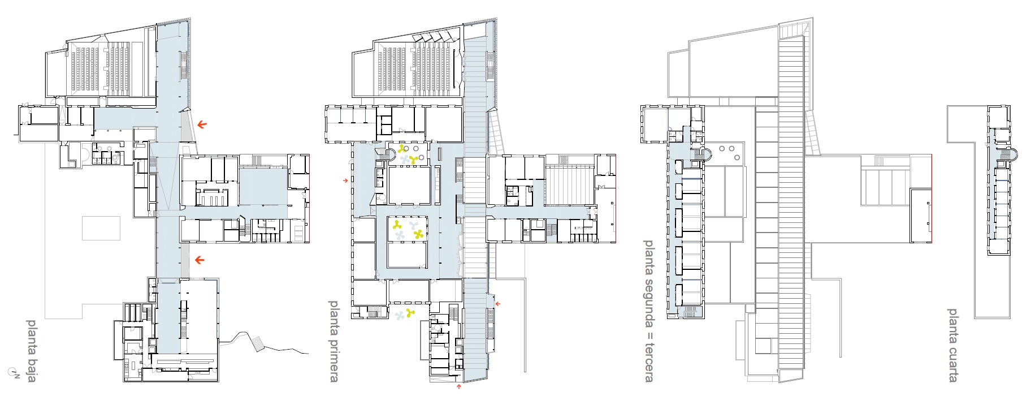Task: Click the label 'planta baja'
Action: (x=32, y=351)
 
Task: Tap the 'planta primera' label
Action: (x=334, y=341)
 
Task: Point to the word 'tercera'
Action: (x=649, y=362)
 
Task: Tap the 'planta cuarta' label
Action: (x=952, y=345)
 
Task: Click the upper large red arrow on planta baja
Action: (x=202, y=124)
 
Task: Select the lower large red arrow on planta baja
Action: (x=200, y=260)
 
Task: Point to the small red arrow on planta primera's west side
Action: (x=345, y=180)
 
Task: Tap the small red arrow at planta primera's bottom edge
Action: (x=458, y=388)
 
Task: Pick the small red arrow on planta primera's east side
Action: (x=497, y=304)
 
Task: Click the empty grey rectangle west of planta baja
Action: (x=102, y=228)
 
